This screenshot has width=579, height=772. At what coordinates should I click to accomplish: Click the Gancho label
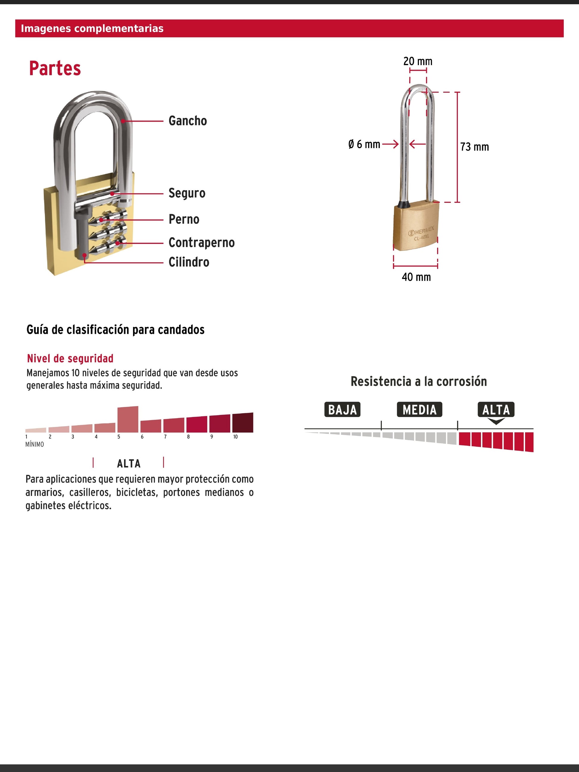[187, 121]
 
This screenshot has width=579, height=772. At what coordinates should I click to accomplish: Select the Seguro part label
[187, 193]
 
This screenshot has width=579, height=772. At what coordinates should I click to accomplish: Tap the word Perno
[184, 219]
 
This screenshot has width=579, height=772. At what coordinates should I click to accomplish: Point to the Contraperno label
[201, 242]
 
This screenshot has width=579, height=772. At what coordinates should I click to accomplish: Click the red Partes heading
[55, 68]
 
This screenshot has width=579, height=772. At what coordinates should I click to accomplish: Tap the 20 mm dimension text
[417, 61]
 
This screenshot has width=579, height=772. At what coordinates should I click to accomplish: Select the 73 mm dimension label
[474, 147]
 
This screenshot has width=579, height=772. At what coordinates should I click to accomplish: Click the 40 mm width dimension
[416, 277]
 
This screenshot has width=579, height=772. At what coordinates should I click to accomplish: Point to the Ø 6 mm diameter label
[364, 144]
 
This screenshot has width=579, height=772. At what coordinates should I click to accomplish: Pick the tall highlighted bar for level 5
[128, 419]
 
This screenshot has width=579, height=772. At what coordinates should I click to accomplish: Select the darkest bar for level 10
[242, 423]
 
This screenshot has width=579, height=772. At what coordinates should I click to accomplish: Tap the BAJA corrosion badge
[342, 410]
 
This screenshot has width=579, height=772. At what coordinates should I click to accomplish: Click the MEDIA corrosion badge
[419, 410]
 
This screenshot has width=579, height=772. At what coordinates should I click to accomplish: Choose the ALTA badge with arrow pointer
[496, 410]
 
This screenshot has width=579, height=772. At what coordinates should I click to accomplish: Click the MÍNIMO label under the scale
[35, 444]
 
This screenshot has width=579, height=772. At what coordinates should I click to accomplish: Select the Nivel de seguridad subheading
[70, 358]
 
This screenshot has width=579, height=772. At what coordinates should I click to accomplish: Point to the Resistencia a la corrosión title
[418, 381]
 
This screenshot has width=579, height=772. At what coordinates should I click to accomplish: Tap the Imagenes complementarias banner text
[92, 29]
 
